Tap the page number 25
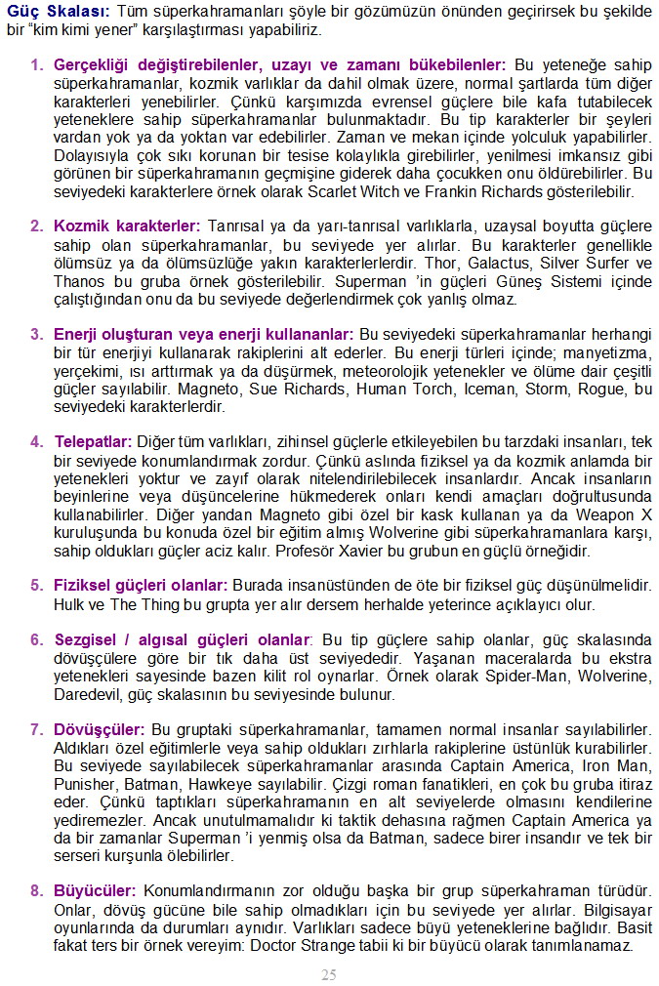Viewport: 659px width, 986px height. click(329, 974)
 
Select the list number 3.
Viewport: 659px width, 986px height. click(36, 334)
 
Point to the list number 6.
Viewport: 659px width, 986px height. click(36, 640)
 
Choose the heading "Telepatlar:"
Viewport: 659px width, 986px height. click(93, 441)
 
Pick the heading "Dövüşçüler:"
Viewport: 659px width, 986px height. click(100, 729)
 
